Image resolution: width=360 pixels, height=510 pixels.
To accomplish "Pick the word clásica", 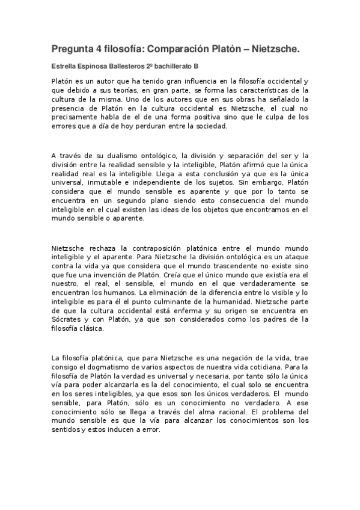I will click(x=90, y=328).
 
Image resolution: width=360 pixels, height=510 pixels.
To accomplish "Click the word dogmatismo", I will click(x=109, y=367).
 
